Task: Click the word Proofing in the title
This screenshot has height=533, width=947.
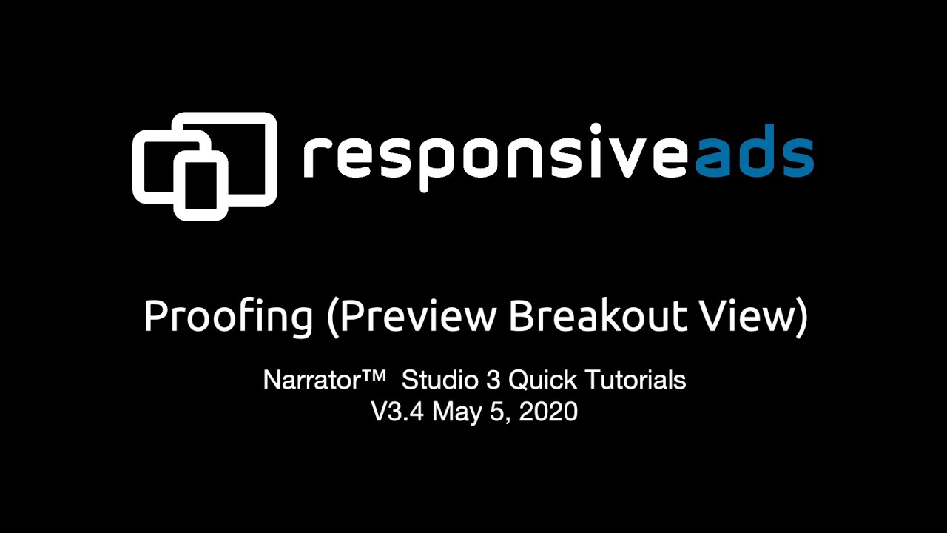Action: tap(228, 318)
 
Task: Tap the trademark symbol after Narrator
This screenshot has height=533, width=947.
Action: tap(374, 377)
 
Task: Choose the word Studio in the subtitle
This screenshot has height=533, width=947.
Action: tap(440, 381)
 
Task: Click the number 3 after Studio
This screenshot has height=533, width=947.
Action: tap(493, 381)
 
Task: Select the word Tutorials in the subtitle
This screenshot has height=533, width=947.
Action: tap(636, 381)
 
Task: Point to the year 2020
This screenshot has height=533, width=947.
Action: tap(548, 412)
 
